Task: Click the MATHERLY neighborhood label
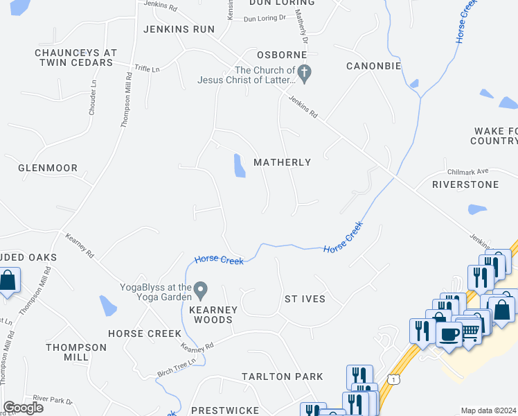click(x=282, y=162)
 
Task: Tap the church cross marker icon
click(x=305, y=71)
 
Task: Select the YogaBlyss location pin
click(x=201, y=288)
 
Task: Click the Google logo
click(x=23, y=407)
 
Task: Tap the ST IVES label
click(x=305, y=299)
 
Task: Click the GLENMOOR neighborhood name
click(x=48, y=168)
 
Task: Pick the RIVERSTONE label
click(x=465, y=185)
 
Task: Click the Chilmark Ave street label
click(x=468, y=171)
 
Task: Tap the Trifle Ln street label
click(x=147, y=69)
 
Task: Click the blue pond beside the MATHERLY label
click(x=239, y=166)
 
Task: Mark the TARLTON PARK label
click(x=282, y=376)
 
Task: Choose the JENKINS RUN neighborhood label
click(x=179, y=29)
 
